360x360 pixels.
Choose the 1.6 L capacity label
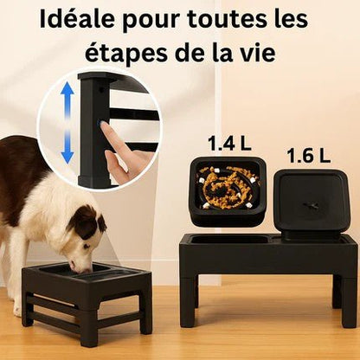[x=309, y=156]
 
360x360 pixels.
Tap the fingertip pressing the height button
[x=106, y=130]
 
